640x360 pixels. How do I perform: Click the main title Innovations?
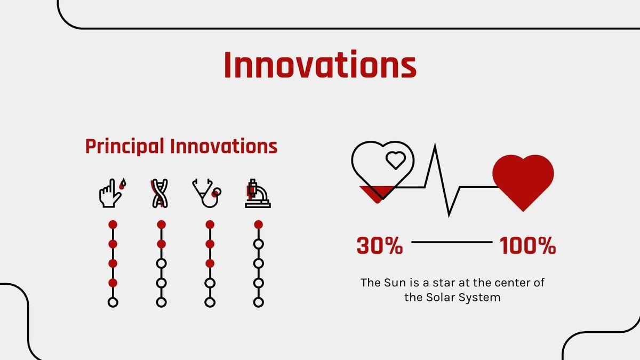click(x=320, y=65)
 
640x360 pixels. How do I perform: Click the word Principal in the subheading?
click(x=125, y=146)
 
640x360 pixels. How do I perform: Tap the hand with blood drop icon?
click(x=113, y=193)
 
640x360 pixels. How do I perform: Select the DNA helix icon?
click(x=159, y=193)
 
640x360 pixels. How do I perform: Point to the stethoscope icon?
click(x=207, y=193)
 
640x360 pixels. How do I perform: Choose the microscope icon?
click(x=258, y=193)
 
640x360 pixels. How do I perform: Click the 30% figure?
click(x=380, y=245)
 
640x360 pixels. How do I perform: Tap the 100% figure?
click(x=527, y=245)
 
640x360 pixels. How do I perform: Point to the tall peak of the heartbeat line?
click(x=435, y=145)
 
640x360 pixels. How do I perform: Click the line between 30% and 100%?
click(x=452, y=242)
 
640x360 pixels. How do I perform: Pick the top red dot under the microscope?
click(x=258, y=225)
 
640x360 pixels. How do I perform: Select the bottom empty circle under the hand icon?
click(x=113, y=302)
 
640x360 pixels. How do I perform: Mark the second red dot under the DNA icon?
click(x=162, y=244)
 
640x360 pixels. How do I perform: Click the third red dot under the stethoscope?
click(x=210, y=263)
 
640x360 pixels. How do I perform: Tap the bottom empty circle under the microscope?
click(x=259, y=302)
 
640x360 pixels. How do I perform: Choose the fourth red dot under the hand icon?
click(x=113, y=283)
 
